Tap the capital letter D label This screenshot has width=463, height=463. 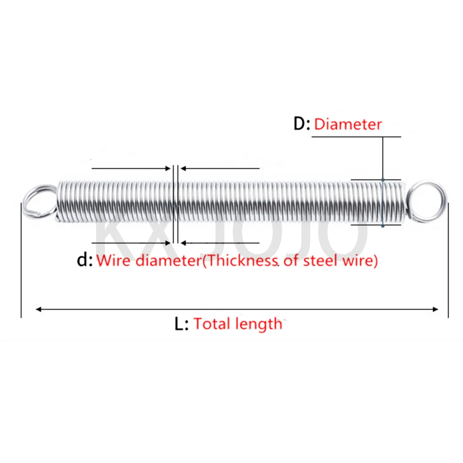301,124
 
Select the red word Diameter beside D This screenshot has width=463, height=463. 348,124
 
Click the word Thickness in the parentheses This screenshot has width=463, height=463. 242,261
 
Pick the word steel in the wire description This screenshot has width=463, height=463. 320,261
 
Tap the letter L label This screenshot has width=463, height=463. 180,324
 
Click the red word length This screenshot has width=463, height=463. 258,325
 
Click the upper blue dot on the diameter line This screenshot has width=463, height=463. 383,180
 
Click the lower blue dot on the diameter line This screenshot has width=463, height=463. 383,226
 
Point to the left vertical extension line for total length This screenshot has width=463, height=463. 21,261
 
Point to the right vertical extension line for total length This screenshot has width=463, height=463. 448,261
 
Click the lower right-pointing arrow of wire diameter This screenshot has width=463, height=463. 168,243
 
